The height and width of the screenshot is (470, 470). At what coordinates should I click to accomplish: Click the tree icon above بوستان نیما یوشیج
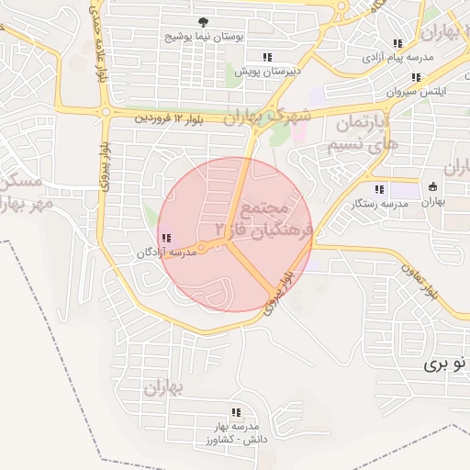click(202, 22)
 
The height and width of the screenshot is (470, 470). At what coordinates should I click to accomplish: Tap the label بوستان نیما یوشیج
click(202, 38)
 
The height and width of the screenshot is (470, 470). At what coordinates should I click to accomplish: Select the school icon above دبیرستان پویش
click(267, 56)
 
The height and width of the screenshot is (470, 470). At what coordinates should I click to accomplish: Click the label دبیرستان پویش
click(267, 71)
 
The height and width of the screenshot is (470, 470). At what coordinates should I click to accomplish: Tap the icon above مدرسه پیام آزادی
click(397, 43)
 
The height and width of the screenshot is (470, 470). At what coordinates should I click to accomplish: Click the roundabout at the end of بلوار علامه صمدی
click(106, 113)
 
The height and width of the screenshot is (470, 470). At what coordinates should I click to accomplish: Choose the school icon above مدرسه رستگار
click(380, 189)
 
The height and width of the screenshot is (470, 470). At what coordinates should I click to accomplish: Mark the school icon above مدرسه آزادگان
click(165, 239)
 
